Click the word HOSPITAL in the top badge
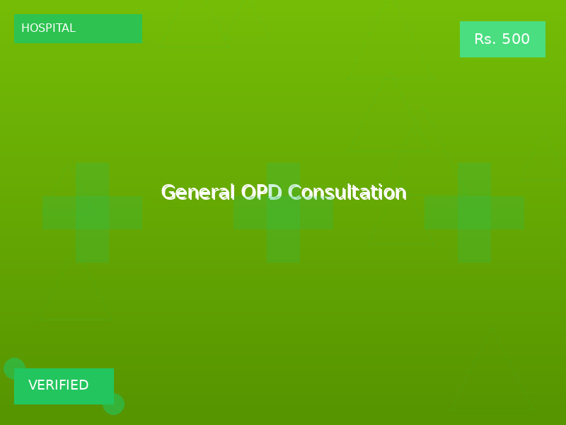coord(48,28)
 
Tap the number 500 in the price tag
coord(516,40)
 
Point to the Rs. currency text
coord(485,40)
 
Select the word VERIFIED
coord(59,385)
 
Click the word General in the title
coord(198,193)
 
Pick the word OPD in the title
coord(261,193)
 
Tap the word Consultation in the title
coord(347,193)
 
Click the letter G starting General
coord(168,193)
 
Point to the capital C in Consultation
coord(294,193)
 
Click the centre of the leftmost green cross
coord(92,212)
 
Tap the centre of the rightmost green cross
coord(474,212)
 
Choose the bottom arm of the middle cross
coord(283,246)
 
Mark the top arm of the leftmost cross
coord(92,179)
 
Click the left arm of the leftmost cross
coord(59,212)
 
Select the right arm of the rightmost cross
coord(507,212)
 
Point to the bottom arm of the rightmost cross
coord(474,246)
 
